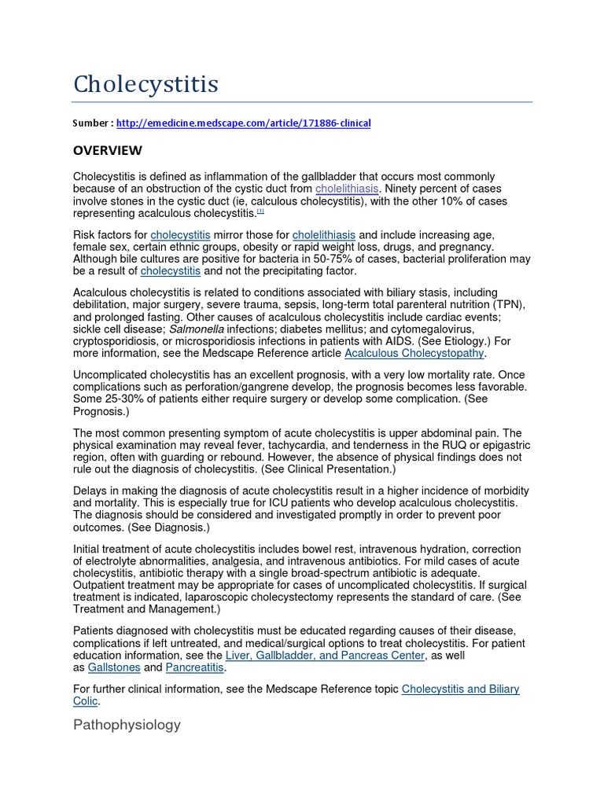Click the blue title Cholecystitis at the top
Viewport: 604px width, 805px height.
pos(145,84)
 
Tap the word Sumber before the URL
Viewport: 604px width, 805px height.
pos(93,123)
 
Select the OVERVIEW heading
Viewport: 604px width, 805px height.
pos(108,150)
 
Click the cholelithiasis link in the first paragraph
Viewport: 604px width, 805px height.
pos(347,189)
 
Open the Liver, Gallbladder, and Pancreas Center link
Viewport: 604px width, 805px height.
pos(325,655)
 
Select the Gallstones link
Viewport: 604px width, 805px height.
pos(114,667)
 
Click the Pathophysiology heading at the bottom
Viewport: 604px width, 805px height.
pos(127,725)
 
